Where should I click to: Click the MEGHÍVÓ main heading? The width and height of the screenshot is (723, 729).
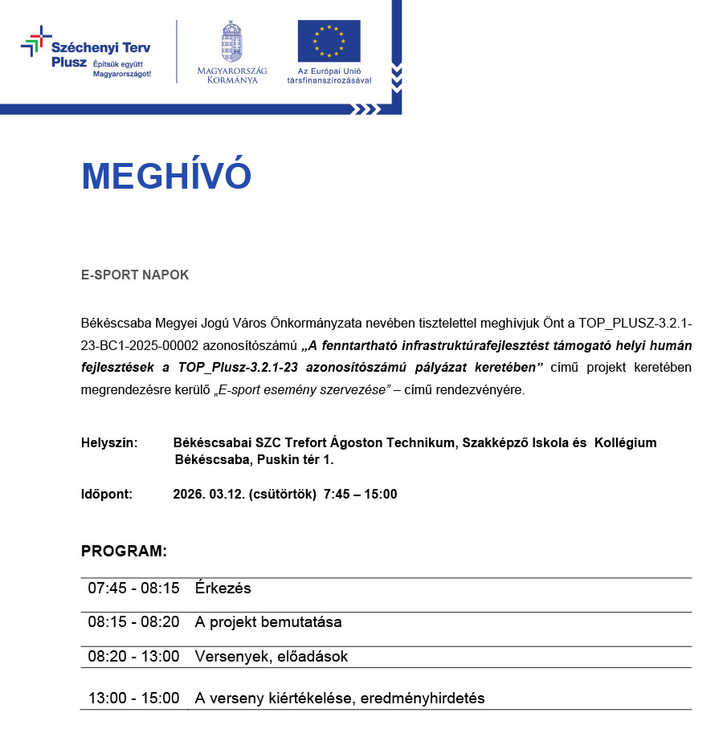pos(166,177)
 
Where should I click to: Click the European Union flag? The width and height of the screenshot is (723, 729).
pos(329,41)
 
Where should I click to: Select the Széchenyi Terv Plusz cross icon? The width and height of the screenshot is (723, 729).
pos(35,41)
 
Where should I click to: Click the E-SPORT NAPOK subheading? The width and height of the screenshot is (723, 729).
pos(135,275)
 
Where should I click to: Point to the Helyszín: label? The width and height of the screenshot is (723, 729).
pos(109,443)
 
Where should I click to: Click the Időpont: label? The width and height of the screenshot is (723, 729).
pos(107,494)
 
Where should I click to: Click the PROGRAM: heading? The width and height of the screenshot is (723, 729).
pos(124,552)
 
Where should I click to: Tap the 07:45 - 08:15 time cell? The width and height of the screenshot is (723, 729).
pos(133,588)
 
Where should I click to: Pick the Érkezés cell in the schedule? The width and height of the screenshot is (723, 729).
pos(223,588)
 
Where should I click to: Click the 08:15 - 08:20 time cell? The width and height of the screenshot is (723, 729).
pos(133,622)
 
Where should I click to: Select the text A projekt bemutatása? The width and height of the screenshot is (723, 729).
pos(268,622)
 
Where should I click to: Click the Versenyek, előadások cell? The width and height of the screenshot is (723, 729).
pos(271,657)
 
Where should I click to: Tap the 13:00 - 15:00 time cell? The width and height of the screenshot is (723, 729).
pos(133,698)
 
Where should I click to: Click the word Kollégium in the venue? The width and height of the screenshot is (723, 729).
pos(625,443)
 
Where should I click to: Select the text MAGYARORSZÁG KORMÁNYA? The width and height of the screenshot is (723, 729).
pos(231,75)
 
